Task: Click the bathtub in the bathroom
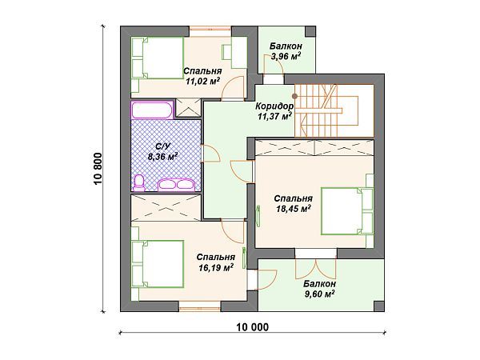(152, 110)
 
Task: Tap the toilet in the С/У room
(139, 182)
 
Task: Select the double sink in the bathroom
(176, 185)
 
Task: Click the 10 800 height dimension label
(98, 169)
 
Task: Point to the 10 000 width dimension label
(253, 327)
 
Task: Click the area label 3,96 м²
(286, 56)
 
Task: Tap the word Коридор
(274, 106)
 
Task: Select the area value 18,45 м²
(294, 209)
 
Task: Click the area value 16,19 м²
(216, 267)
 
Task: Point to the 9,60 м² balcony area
(319, 294)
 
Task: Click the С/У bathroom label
(160, 146)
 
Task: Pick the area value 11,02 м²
(203, 81)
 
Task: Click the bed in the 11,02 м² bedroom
(158, 58)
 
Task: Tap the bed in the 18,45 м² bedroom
(347, 211)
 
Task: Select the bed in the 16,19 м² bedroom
(158, 264)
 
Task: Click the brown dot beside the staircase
(294, 96)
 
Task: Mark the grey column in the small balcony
(310, 31)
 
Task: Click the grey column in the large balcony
(379, 306)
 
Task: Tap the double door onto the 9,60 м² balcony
(316, 270)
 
